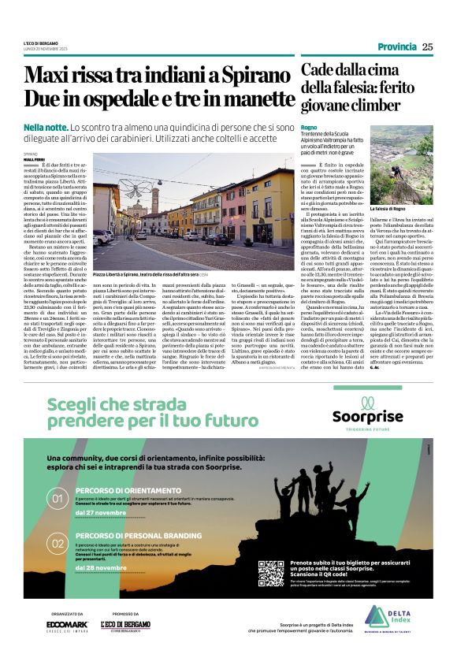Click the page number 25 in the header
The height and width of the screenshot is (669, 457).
tap(427, 46)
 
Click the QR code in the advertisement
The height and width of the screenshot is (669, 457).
tap(270, 572)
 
